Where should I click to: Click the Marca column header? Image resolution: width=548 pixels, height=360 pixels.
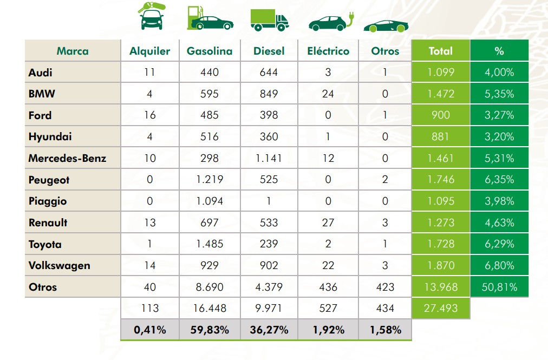73,51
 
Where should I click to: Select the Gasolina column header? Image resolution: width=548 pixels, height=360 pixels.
210,51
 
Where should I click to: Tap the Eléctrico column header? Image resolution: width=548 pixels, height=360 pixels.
328,51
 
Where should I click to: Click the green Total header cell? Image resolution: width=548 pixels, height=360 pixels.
440,51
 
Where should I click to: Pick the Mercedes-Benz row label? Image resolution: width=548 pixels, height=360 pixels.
67,158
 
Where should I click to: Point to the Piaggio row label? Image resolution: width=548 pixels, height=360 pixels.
48,201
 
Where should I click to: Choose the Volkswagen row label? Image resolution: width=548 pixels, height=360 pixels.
59,265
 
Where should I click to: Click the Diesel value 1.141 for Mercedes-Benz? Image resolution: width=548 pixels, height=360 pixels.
269,158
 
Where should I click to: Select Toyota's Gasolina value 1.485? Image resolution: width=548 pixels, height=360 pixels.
209,244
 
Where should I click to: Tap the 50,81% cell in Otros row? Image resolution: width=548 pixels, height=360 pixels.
499,287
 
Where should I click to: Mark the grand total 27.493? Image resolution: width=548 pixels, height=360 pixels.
441,308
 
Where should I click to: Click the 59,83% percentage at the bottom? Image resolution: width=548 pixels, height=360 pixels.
209,329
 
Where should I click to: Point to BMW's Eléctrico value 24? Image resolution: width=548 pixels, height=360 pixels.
328,94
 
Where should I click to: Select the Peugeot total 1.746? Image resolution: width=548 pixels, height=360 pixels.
441,180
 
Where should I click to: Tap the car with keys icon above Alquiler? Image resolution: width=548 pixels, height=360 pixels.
152,16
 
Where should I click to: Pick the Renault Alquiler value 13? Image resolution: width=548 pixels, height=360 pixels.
150,222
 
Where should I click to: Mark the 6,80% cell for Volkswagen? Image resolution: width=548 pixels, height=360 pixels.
499,265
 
